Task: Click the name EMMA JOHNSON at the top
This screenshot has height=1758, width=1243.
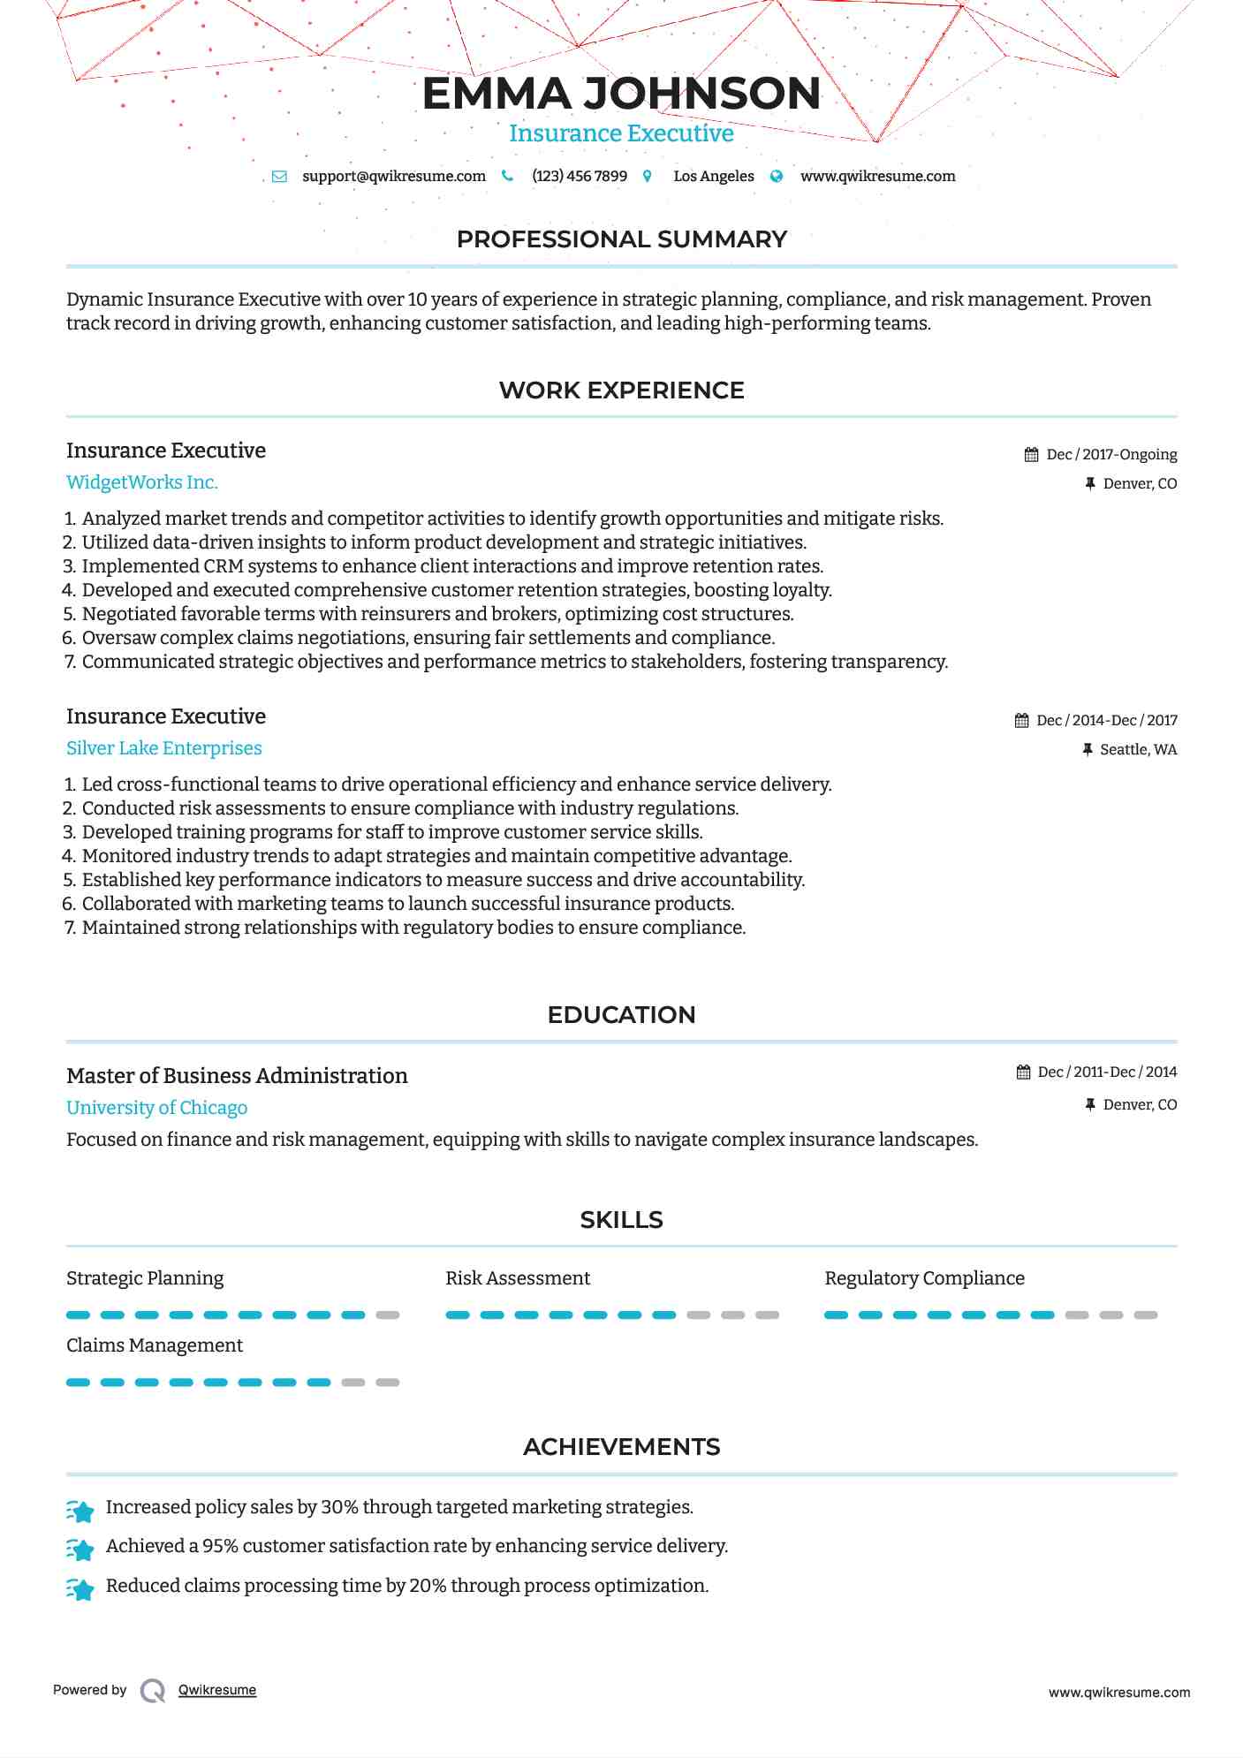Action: click(621, 94)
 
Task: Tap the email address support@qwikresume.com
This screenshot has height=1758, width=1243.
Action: click(393, 176)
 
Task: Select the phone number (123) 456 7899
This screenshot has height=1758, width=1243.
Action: click(579, 176)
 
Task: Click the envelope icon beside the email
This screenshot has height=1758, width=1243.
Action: click(279, 176)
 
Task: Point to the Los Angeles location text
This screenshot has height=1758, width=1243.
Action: click(713, 176)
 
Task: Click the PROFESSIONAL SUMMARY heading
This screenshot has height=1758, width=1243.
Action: click(621, 239)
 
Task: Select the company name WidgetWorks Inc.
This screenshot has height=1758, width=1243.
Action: click(142, 482)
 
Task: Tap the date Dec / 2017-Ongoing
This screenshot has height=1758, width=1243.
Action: click(1111, 454)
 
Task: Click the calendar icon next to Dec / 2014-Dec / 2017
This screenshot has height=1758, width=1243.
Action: click(1021, 721)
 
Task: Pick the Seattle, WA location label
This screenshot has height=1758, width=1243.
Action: click(1138, 749)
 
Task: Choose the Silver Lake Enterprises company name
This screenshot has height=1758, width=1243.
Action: click(164, 748)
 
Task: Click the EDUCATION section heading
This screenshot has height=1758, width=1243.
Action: click(621, 1015)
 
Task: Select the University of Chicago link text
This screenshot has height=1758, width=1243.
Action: click(157, 1108)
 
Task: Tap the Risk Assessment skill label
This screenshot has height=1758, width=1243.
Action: click(518, 1278)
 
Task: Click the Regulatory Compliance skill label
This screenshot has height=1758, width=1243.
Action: click(924, 1278)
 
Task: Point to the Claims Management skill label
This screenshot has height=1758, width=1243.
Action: click(155, 1345)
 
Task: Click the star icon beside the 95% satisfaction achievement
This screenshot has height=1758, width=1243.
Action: click(80, 1549)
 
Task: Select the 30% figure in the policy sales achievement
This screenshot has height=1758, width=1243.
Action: click(339, 1507)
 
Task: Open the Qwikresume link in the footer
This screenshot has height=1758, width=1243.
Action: click(217, 1690)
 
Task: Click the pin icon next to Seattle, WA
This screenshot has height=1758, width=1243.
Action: click(1088, 749)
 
